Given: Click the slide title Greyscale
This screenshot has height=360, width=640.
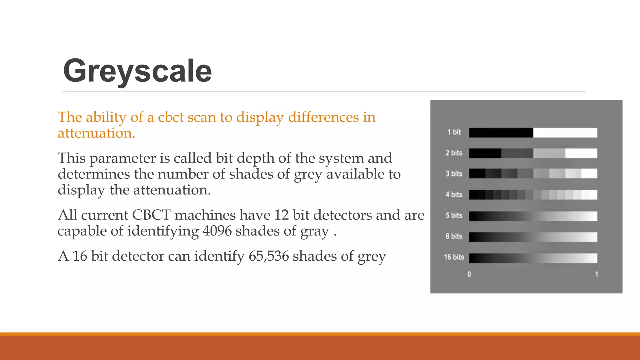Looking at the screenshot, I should [x=137, y=71].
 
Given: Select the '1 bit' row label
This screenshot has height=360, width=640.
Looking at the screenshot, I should [x=454, y=132].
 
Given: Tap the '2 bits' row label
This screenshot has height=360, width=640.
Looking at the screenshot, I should [x=454, y=153].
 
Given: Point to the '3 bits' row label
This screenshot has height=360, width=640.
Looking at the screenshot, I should [x=454, y=174].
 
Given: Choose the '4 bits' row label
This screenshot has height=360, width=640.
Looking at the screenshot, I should [x=454, y=195].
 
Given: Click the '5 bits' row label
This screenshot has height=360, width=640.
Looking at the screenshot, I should [x=454, y=216].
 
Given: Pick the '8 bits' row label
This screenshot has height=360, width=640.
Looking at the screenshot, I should [x=454, y=236].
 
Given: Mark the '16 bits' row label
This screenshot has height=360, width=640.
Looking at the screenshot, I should [x=454, y=257].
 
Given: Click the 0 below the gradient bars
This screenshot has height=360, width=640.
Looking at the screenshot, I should [x=469, y=274].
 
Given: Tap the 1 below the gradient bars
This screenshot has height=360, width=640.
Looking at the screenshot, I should [x=597, y=274].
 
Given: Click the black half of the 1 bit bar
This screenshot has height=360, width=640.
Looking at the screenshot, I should [x=501, y=132].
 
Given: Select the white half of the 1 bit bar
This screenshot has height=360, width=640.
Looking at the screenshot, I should [x=565, y=132].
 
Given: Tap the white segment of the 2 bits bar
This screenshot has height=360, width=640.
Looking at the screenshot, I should [x=581, y=153].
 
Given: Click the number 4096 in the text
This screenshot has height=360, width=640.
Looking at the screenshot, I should [x=217, y=231].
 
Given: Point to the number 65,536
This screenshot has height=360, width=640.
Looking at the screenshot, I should [x=269, y=256].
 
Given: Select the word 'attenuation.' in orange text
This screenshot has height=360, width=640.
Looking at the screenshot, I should [x=96, y=133].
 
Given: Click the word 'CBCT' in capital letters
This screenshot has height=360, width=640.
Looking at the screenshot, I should [x=151, y=215].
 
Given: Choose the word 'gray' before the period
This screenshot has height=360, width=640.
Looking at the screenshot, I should [x=314, y=232].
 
